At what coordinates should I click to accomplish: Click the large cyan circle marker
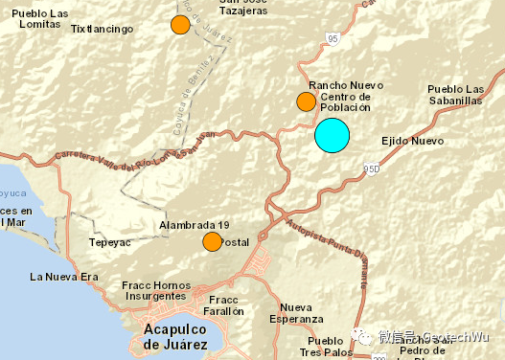click(333, 135)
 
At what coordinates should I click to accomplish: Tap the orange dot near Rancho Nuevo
click(306, 101)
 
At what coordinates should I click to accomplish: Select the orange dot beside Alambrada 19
click(212, 242)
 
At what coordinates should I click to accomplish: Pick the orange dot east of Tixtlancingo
click(180, 26)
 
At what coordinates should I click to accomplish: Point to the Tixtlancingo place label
click(103, 30)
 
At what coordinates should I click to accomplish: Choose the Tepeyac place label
click(108, 243)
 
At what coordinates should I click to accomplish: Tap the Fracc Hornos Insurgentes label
click(158, 292)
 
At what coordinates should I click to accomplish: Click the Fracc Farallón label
click(226, 305)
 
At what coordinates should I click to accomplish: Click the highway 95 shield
click(332, 38)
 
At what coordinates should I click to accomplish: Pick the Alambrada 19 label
click(195, 225)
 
